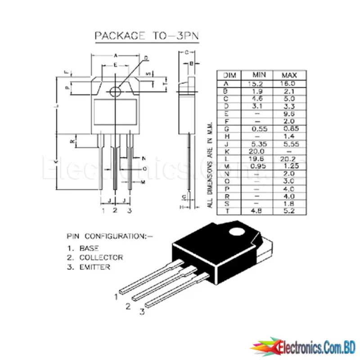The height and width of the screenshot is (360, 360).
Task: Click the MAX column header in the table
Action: (288, 75)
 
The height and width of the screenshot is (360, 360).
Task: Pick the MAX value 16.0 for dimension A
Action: (288, 83)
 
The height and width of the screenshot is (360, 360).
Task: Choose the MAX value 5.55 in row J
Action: (288, 144)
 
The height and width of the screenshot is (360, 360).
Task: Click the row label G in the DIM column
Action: (226, 129)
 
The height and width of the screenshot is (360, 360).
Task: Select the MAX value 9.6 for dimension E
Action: (288, 113)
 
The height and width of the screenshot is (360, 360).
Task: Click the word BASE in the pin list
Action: (89, 248)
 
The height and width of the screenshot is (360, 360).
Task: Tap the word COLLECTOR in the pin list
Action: (101, 257)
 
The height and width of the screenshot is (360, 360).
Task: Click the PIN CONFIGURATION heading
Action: (110, 235)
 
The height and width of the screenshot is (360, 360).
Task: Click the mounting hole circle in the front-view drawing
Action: (116, 90)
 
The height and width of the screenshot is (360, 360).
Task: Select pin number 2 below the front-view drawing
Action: (115, 210)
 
